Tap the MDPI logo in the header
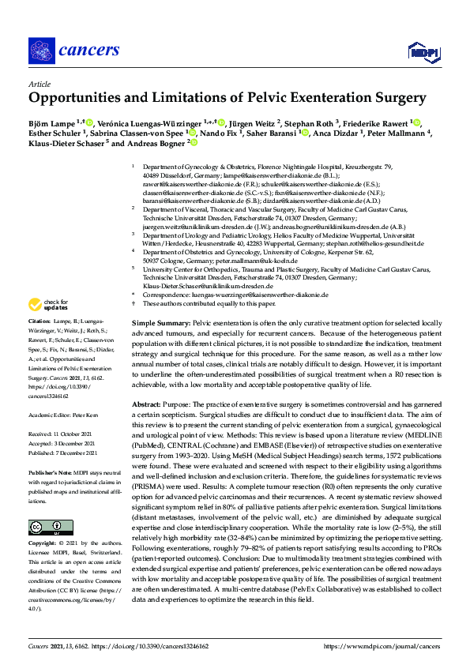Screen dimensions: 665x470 [423, 53]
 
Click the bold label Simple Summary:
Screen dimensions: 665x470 [161, 325]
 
